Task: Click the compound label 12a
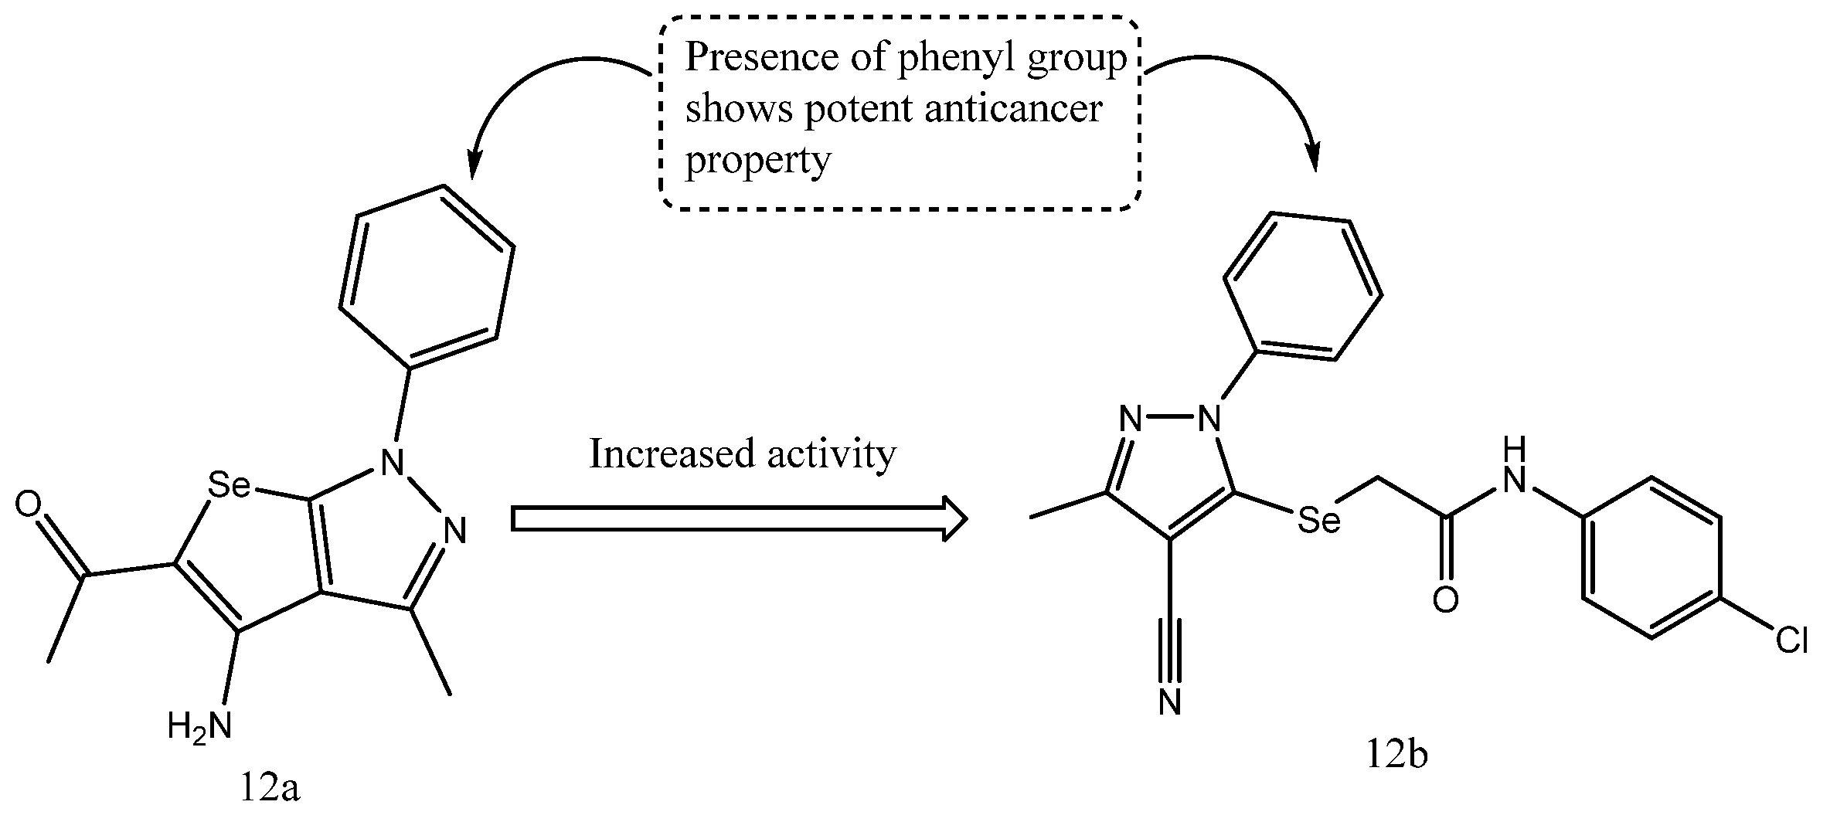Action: (270, 790)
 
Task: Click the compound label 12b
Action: (1396, 755)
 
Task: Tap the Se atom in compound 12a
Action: (230, 485)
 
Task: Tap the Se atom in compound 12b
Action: (1318, 521)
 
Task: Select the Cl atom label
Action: (1791, 640)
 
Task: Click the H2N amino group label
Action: (199, 726)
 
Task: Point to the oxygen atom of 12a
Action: (29, 505)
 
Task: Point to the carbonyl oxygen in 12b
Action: (1445, 600)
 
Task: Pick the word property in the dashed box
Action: (758, 161)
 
